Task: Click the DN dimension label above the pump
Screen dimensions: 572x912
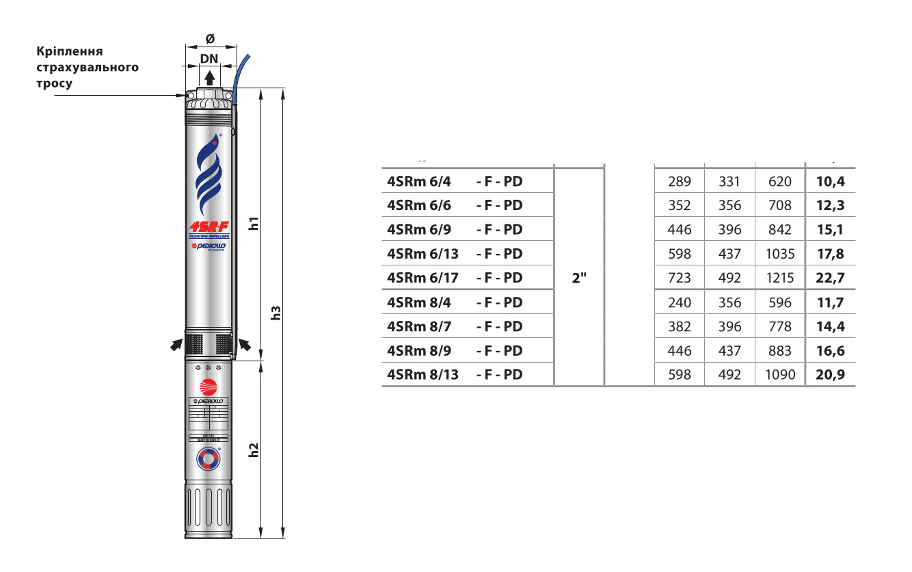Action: coord(209,59)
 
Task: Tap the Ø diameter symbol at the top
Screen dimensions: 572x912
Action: coord(210,39)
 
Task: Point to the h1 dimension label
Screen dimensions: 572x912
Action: coord(254,223)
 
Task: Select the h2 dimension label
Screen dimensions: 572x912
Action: coord(254,450)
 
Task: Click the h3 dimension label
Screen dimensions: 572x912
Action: coord(276,313)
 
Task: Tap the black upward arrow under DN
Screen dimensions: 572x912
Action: coord(210,77)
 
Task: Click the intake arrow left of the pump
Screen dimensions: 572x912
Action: coord(176,346)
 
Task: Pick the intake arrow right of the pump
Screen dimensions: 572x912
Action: coord(244,346)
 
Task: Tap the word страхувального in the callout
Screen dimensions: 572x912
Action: coord(87,67)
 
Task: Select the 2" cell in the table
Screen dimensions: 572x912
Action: coord(579,278)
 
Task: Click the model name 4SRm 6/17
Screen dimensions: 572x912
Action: coord(423,278)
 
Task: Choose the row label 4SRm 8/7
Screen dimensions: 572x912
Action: coord(419,326)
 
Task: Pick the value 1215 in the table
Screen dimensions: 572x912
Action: coord(780,278)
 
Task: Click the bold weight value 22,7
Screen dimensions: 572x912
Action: coord(830,278)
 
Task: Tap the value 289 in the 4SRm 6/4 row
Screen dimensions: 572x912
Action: coord(680,181)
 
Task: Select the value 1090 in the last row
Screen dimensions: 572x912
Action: coord(780,375)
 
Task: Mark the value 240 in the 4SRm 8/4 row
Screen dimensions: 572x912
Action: coord(680,302)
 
